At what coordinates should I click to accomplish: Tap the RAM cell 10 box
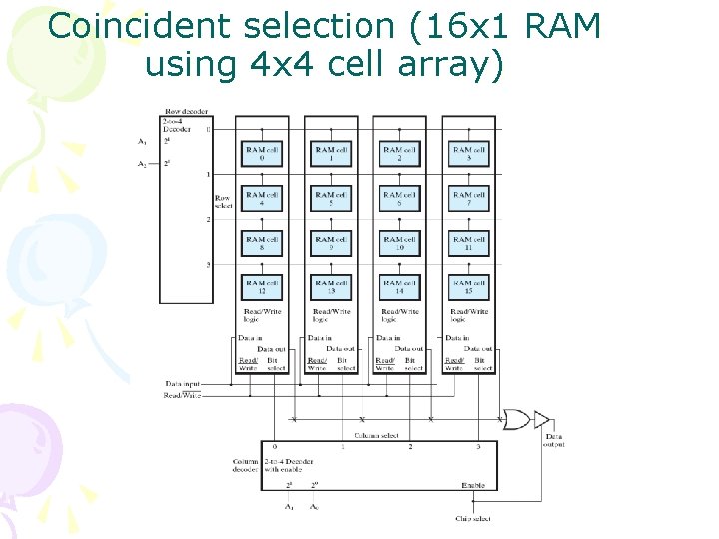(x=399, y=243)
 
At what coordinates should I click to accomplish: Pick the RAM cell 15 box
(x=468, y=287)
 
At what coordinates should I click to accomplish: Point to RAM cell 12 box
(x=262, y=287)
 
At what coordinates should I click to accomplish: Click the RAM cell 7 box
(x=468, y=198)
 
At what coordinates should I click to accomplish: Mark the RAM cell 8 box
(x=262, y=243)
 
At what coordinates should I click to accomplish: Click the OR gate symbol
(x=518, y=419)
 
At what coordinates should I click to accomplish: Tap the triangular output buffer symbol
(x=541, y=419)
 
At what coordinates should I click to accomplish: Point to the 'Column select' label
(x=376, y=436)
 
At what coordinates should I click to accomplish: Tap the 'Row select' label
(x=223, y=201)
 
